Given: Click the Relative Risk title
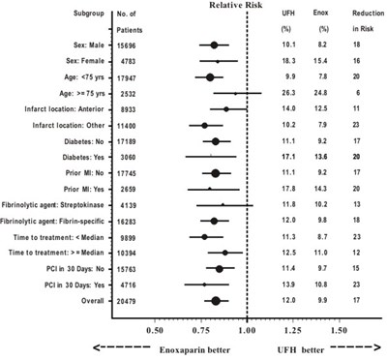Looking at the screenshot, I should coord(246,6).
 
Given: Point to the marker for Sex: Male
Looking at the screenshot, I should coord(214,45).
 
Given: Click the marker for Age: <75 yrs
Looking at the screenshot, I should coord(210,76).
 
